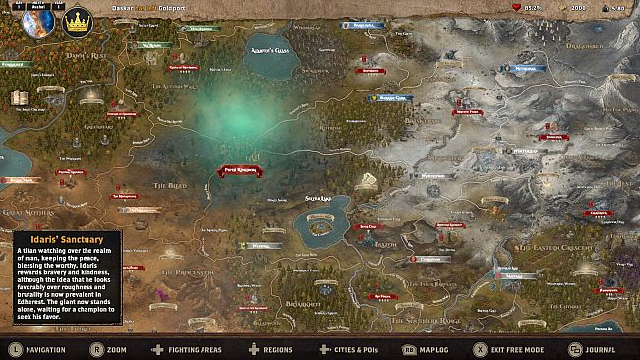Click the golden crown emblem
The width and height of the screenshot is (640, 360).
[x=77, y=22]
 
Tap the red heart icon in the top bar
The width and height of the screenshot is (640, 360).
[x=517, y=7]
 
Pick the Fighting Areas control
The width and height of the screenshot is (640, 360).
[x=193, y=349]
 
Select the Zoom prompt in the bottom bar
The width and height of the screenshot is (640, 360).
[x=116, y=349]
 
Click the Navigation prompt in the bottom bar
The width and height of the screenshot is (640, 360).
[x=45, y=349]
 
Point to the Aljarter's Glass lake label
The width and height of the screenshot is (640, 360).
[x=270, y=47]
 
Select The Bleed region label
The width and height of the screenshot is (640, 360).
[x=169, y=185]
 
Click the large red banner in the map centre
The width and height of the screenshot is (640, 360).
[x=240, y=169]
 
